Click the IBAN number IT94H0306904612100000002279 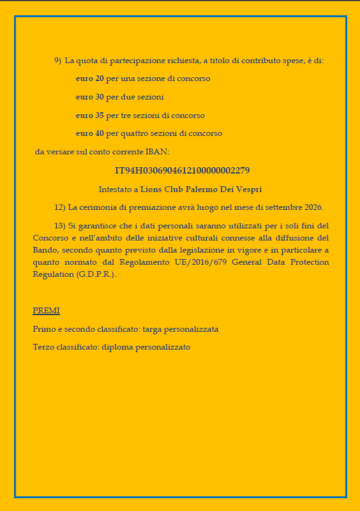coord(182,170)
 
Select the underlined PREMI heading coord(46,311)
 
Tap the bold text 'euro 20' coord(89,78)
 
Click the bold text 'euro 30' coord(89,97)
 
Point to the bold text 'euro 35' coord(89,115)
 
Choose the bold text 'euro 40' coord(89,134)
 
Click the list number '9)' coord(57,61)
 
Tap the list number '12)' coord(60,207)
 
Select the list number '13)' coord(60,226)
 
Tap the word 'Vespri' coord(248,189)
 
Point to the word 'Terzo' coord(43,348)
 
